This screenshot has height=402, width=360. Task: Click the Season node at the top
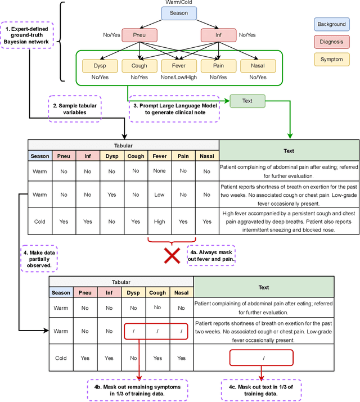coord(178,13)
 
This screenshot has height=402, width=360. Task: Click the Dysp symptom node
coord(100,66)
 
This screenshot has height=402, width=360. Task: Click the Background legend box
coord(331,24)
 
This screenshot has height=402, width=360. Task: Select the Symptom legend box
coord(331,60)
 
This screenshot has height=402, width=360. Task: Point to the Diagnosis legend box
coord(331,42)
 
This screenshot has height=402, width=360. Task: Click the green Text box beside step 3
coord(247,101)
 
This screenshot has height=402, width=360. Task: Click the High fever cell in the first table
coord(160,222)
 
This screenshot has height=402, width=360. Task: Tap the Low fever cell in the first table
coord(160,195)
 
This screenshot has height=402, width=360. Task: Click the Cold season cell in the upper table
coord(40,222)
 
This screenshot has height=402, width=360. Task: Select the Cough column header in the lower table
coord(157,292)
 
